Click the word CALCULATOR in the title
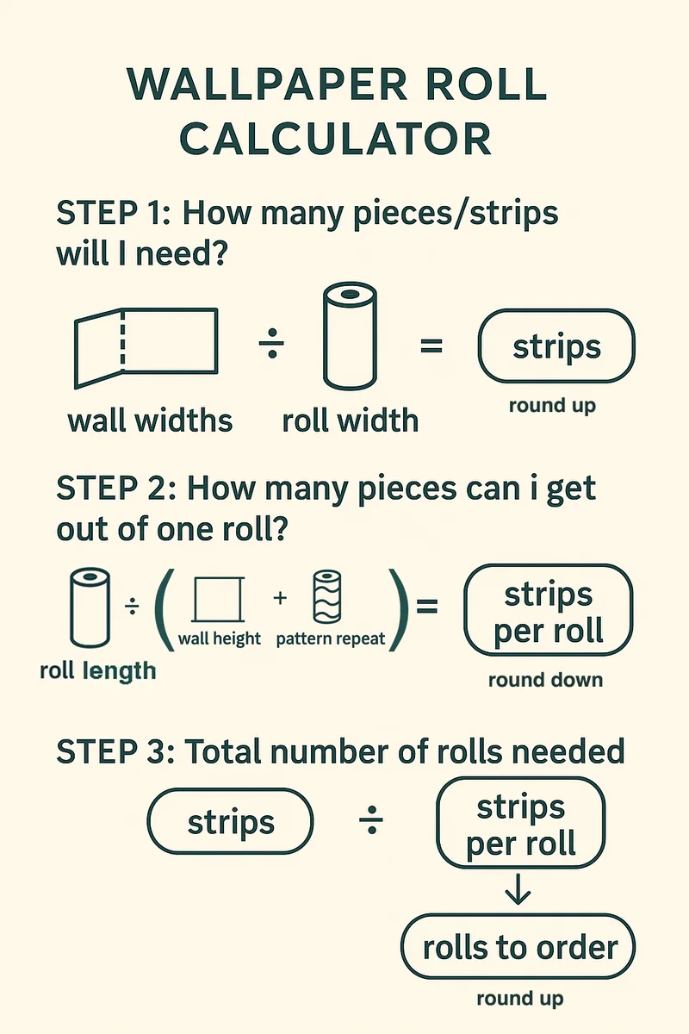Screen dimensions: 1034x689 point(338,138)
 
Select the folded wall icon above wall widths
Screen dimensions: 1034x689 point(146,348)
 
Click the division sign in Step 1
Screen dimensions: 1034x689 point(271,346)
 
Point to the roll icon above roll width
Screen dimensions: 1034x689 point(350,337)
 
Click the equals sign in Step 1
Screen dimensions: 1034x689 point(430,346)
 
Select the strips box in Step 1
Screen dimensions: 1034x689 point(556,346)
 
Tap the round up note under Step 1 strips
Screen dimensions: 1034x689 point(551,405)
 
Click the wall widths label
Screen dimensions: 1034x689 point(150,420)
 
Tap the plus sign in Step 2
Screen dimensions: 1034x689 point(280,598)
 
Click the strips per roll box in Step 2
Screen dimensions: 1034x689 point(548,610)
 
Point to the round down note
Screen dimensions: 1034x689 point(545,680)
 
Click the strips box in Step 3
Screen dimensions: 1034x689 point(230,822)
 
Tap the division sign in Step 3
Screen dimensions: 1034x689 point(370,823)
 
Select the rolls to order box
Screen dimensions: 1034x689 point(518,948)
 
